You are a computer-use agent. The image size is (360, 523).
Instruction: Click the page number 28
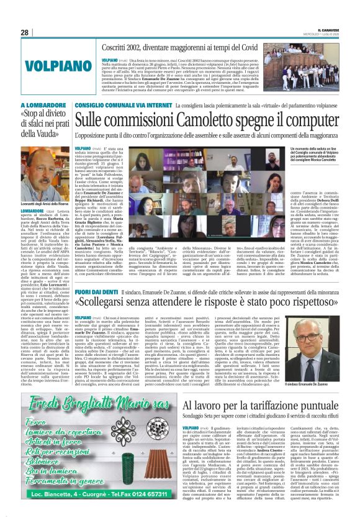tap(24, 32)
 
